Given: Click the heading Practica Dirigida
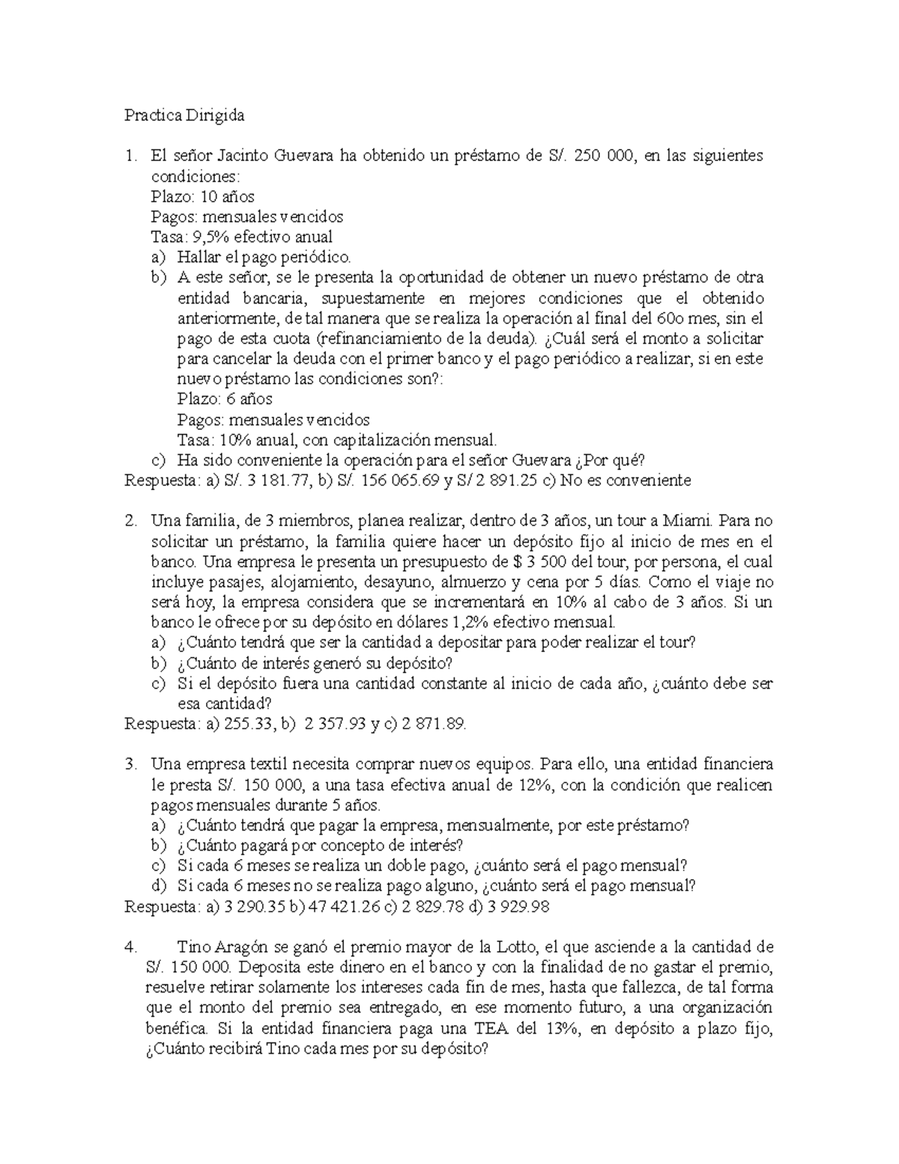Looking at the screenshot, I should coord(184,116).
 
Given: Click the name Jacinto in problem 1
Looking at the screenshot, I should coord(244,156).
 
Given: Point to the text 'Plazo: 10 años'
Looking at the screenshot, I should coord(202,196).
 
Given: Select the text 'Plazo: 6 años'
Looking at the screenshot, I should coord(225,399).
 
